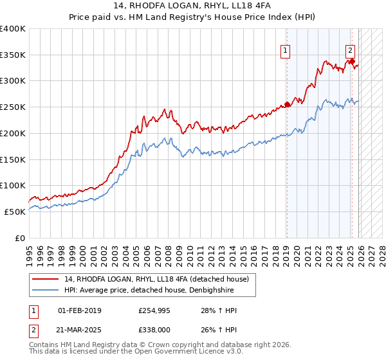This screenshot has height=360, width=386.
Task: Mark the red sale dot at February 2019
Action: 287,105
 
